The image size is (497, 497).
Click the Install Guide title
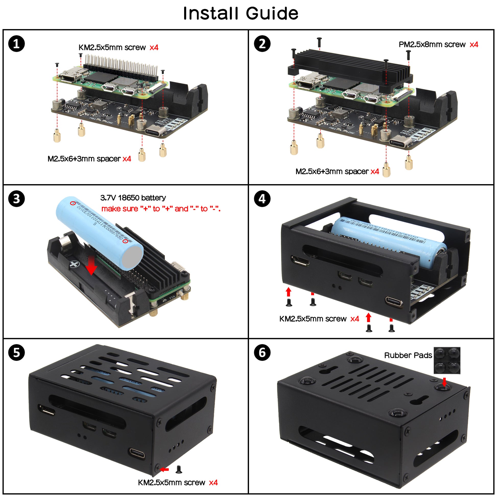coord(241,13)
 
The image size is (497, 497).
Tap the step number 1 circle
coord(16,44)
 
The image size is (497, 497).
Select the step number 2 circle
coord(262,44)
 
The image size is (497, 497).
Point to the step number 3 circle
coord(16,199)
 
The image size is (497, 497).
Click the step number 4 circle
coord(262,199)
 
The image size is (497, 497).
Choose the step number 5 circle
coord(16,352)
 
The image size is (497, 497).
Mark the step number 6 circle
coord(262,352)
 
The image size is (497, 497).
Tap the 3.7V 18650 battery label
coord(133,198)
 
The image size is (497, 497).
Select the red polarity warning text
coord(161,209)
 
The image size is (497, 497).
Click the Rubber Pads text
coord(408,355)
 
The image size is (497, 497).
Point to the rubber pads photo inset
coord(447,360)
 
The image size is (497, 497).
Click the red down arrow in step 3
coord(91,268)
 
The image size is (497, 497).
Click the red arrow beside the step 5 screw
coord(164,469)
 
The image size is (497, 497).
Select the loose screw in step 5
coord(179,469)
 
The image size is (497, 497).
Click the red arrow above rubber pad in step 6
coord(444,382)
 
